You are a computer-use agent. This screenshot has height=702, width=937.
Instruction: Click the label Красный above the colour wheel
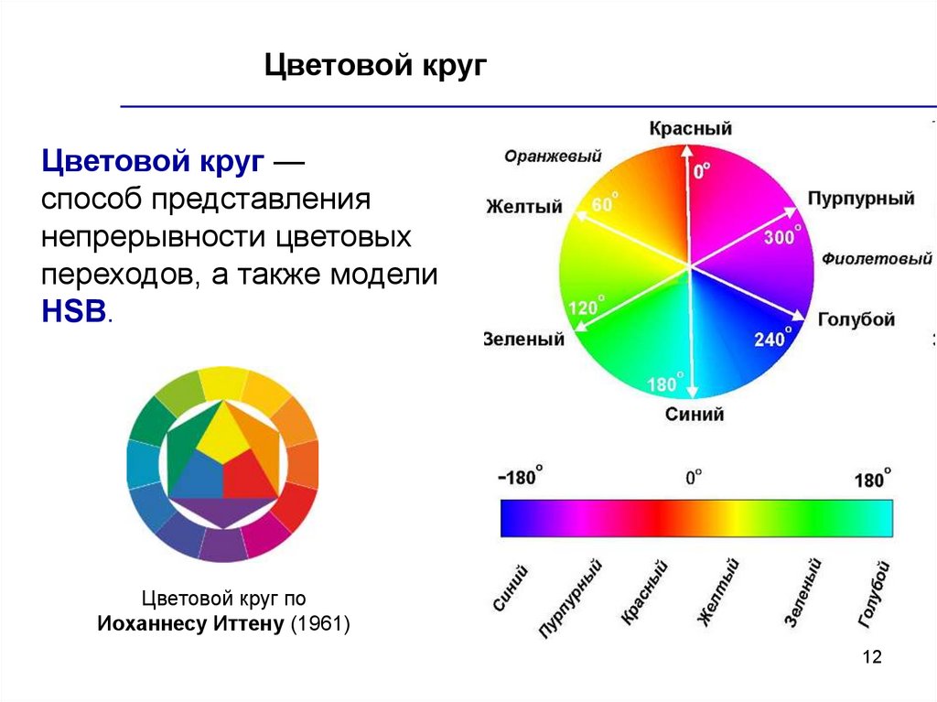(690, 128)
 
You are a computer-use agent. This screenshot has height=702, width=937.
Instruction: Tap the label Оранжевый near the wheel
(553, 157)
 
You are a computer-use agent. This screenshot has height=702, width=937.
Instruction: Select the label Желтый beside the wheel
(524, 206)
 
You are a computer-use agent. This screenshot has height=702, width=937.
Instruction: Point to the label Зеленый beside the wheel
(523, 339)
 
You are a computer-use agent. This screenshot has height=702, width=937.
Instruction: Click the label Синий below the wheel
(695, 414)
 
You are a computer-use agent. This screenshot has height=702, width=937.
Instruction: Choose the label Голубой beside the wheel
(856, 319)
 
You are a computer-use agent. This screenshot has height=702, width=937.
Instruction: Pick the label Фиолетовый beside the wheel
(876, 259)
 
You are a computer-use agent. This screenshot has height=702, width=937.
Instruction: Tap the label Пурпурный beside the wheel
(860, 199)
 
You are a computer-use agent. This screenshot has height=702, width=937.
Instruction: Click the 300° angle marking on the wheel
(782, 235)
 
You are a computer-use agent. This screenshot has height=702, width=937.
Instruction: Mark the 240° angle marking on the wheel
(772, 338)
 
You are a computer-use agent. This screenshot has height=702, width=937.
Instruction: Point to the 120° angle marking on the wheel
(586, 306)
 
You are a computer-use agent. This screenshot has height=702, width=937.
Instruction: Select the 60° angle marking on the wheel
(605, 203)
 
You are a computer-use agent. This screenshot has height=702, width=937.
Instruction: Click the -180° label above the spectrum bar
(520, 477)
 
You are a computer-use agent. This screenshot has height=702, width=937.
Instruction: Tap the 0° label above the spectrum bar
(694, 477)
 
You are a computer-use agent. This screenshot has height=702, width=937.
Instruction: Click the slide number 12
(872, 656)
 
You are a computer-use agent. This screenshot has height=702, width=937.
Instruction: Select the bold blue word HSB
(73, 311)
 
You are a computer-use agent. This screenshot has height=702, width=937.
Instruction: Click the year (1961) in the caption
(320, 623)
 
